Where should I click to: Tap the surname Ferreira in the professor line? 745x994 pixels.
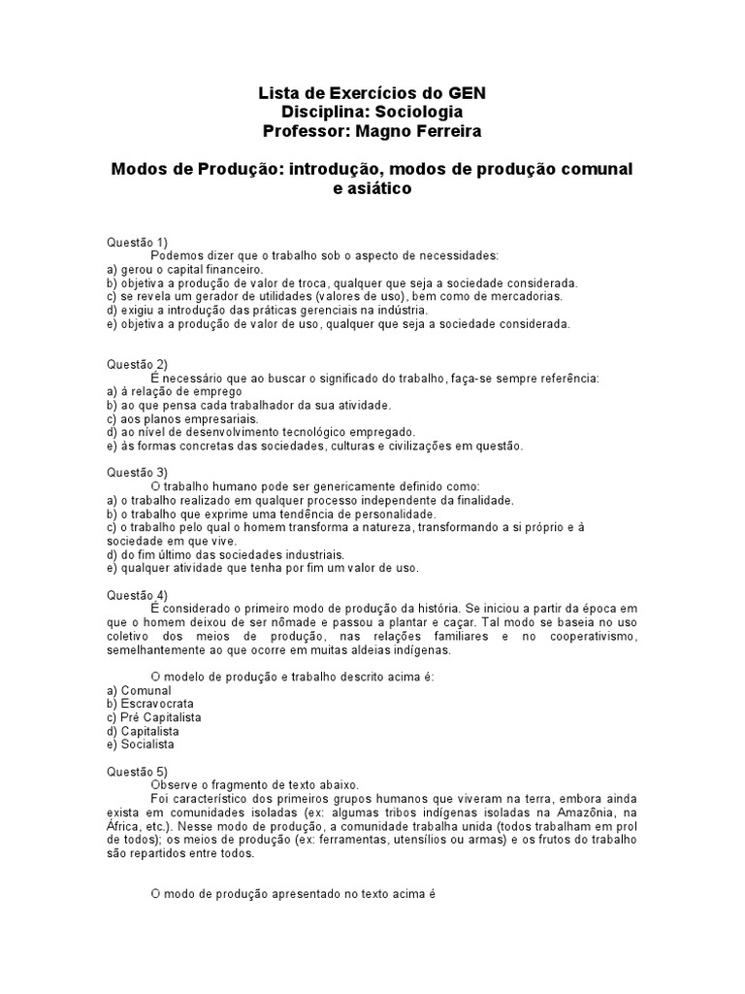(443, 131)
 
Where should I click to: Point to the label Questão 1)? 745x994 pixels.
(137, 242)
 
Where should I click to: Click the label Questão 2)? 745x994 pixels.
(137, 364)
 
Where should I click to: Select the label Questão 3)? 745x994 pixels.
(137, 473)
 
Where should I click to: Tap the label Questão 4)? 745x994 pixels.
(137, 595)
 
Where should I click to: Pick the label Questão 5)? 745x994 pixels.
(137, 772)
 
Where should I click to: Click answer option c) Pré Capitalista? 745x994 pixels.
(154, 717)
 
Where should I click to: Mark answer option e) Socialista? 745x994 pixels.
(141, 745)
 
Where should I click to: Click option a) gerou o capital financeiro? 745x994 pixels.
(184, 269)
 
